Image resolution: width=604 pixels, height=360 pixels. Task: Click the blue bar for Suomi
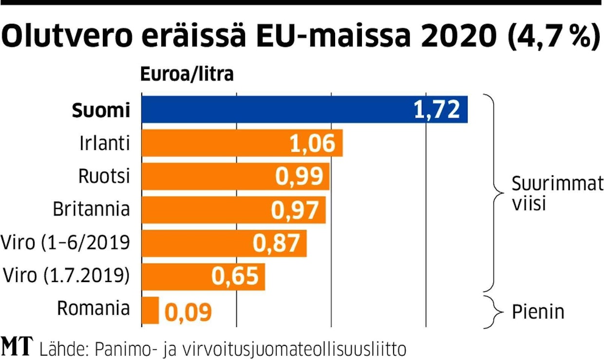[x=273, y=110]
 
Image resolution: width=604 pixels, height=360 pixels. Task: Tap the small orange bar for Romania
[x=150, y=310]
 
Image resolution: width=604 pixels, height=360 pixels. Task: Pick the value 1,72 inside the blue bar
[x=437, y=110]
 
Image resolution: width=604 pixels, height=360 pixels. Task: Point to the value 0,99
[x=299, y=177]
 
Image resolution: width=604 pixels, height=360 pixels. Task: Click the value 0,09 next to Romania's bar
[x=188, y=312]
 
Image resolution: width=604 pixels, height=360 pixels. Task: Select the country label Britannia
[x=92, y=209]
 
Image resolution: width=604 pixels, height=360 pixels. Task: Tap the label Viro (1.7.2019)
[x=66, y=276]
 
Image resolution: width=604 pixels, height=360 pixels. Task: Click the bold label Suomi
[x=101, y=111]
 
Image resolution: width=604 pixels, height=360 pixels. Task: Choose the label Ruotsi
[x=104, y=176]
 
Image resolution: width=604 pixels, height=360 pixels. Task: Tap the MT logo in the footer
[x=17, y=346]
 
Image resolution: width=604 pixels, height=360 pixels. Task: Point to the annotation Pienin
[x=538, y=312]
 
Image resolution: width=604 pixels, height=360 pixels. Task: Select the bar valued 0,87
[x=224, y=243]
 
